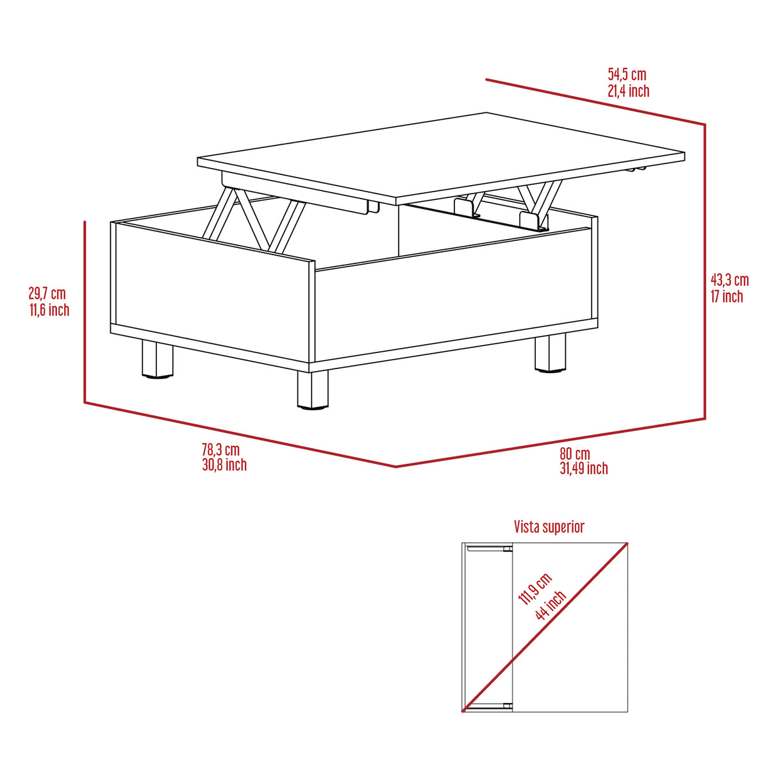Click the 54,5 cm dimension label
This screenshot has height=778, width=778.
pyautogui.click(x=627, y=74)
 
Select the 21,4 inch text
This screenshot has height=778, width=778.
pyautogui.click(x=628, y=91)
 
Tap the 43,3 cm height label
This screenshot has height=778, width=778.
pyautogui.click(x=729, y=280)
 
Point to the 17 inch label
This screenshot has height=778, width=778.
pyautogui.click(x=727, y=296)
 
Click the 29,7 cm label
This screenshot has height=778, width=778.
pyautogui.click(x=47, y=294)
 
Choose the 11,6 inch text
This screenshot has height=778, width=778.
pyautogui.click(x=49, y=310)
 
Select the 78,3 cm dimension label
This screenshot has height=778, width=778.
pyautogui.click(x=220, y=449)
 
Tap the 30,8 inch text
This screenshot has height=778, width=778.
pyautogui.click(x=224, y=465)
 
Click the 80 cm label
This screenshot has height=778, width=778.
pyautogui.click(x=574, y=454)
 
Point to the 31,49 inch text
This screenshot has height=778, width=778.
pyautogui.click(x=583, y=468)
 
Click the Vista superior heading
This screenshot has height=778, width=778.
pyautogui.click(x=549, y=527)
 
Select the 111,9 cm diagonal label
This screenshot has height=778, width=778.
pyautogui.click(x=534, y=589)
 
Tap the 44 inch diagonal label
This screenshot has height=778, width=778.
pyautogui.click(x=551, y=604)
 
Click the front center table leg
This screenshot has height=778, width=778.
pyautogui.click(x=313, y=390)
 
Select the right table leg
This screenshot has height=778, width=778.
pyautogui.click(x=550, y=352)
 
